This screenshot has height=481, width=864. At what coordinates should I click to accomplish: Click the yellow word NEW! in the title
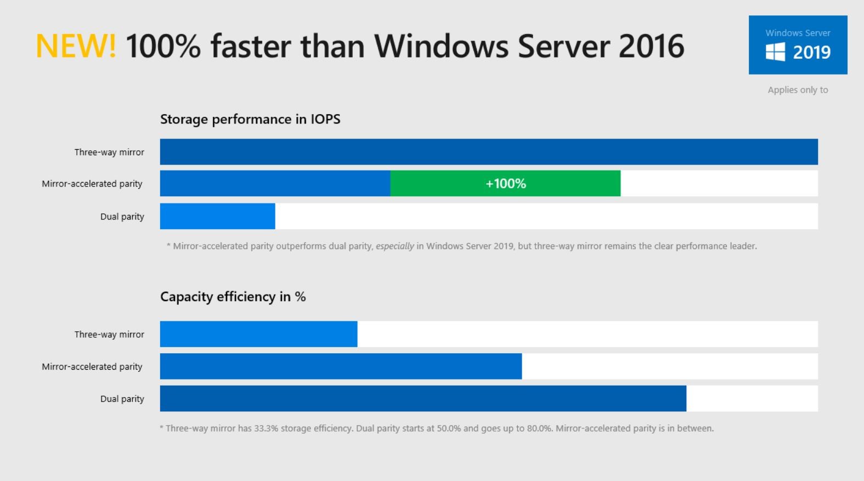[x=76, y=46]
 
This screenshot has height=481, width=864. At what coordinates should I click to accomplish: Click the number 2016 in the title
[x=651, y=46]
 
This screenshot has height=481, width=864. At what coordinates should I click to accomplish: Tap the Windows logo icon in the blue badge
[x=775, y=53]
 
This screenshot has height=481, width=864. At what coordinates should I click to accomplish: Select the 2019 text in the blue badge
[x=812, y=53]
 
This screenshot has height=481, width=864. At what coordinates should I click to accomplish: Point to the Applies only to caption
[x=798, y=90]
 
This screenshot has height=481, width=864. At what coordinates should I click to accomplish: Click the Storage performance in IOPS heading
[x=250, y=120]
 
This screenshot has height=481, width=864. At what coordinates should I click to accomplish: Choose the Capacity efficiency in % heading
[x=233, y=297]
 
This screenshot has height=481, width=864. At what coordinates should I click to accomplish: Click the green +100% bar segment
[x=505, y=183]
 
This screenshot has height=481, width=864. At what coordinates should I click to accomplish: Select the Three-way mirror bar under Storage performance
[x=488, y=152]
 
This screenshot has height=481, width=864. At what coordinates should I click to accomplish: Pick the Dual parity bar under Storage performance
[x=217, y=216]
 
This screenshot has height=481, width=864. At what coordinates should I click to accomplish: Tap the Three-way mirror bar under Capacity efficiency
[x=258, y=334]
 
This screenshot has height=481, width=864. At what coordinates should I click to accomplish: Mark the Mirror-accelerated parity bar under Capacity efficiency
[x=341, y=366]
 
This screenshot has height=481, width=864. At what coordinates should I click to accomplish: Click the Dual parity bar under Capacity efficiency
[x=423, y=399]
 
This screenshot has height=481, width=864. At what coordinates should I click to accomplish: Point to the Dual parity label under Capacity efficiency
[x=122, y=399]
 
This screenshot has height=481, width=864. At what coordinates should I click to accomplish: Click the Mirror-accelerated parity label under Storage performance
[x=92, y=184]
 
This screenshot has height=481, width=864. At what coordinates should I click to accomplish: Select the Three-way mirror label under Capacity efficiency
[x=109, y=335]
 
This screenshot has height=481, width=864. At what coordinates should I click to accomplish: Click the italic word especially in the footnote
[x=394, y=246]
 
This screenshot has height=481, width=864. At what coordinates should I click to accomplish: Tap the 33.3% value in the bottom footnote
[x=266, y=428]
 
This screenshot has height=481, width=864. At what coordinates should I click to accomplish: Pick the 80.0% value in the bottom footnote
[x=539, y=428]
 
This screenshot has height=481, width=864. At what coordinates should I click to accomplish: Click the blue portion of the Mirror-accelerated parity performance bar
[x=275, y=183]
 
